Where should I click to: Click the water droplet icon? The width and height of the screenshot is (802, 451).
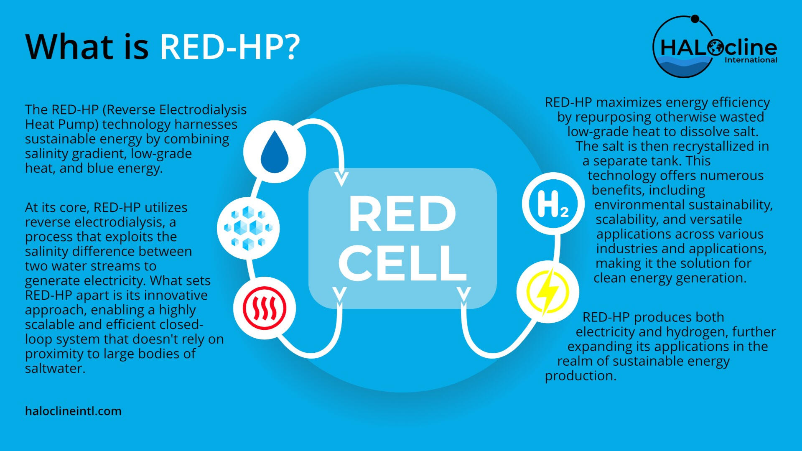click(275, 152)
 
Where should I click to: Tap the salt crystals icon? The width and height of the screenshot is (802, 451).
click(248, 228)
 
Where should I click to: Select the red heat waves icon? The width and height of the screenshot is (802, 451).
click(265, 308)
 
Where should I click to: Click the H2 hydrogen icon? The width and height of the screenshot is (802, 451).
click(553, 204)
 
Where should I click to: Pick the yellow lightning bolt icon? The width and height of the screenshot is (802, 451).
click(547, 292)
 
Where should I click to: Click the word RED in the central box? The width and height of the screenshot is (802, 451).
click(402, 214)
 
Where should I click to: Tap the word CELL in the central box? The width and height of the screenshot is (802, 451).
click(402, 262)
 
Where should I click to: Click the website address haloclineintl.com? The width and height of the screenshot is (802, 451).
click(73, 411)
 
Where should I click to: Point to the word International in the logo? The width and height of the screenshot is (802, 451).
click(751, 60)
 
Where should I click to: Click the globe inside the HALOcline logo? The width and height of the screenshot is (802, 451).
click(715, 48)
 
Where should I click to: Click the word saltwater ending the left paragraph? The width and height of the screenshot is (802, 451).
click(55, 368)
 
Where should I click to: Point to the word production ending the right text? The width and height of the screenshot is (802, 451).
click(580, 376)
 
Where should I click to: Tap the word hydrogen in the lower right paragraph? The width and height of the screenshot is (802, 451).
click(697, 332)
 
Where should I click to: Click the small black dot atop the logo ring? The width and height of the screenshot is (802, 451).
click(695, 19)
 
